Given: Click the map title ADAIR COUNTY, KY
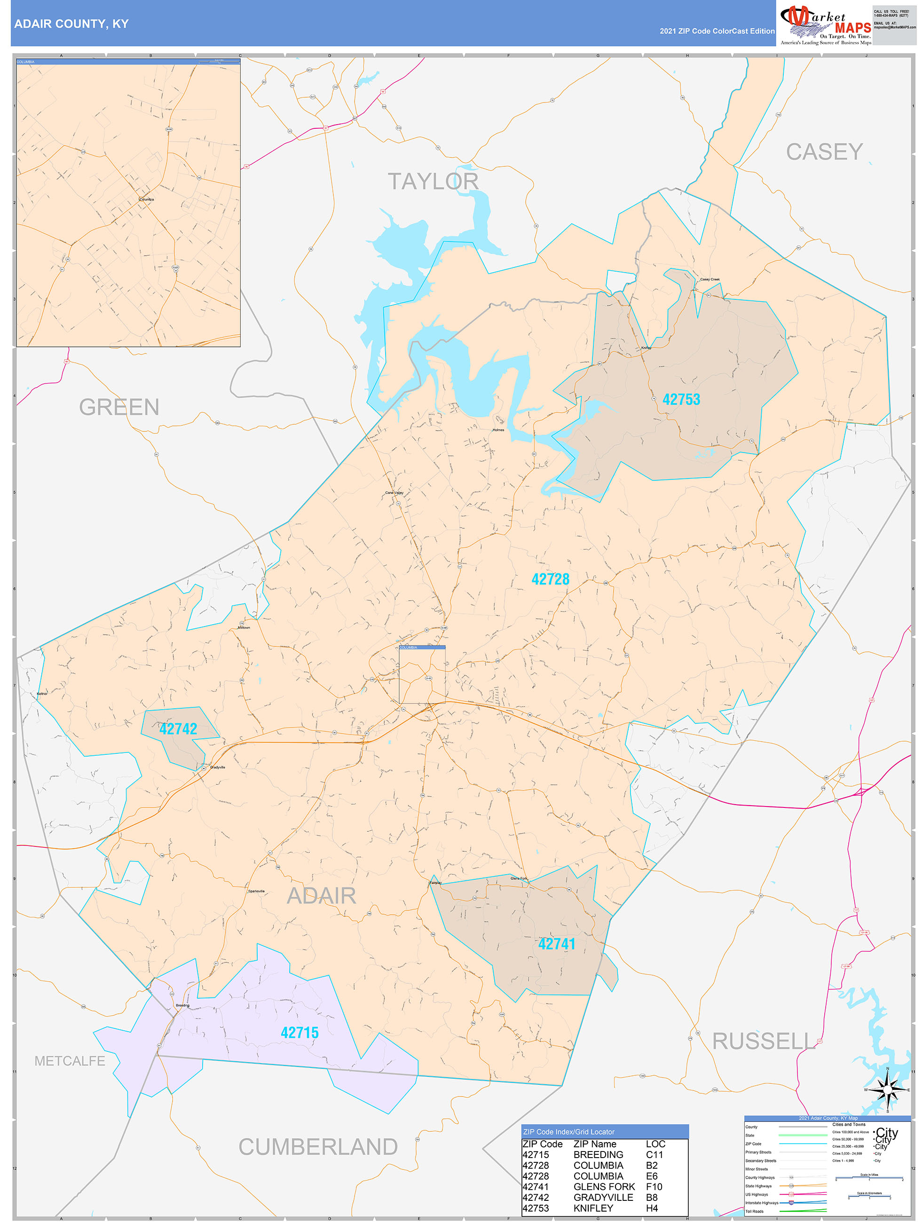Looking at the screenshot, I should (x=71, y=24).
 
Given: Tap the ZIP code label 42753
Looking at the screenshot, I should (x=681, y=399).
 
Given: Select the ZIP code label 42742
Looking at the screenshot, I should (x=178, y=728).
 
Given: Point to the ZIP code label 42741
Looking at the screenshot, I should (x=557, y=944).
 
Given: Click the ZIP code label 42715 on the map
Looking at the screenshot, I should (x=300, y=1033).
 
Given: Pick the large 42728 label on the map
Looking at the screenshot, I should (x=550, y=579).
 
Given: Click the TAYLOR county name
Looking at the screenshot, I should (x=433, y=181).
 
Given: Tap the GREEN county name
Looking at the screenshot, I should (x=119, y=407).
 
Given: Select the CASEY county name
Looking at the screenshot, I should (x=824, y=152).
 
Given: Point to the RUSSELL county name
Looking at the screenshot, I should (x=763, y=1042).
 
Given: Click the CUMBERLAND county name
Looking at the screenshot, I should (x=318, y=1147).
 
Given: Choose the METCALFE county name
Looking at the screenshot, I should (x=70, y=1061).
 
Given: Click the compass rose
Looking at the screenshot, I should (x=888, y=1089).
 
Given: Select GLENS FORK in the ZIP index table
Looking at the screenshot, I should (x=604, y=1187).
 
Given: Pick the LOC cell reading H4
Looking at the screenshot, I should (x=652, y=1208).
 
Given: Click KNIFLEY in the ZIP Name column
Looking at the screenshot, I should (x=593, y=1208).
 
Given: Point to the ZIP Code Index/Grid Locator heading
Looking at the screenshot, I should (x=569, y=1132).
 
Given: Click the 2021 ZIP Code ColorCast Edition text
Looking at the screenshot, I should (x=717, y=31).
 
